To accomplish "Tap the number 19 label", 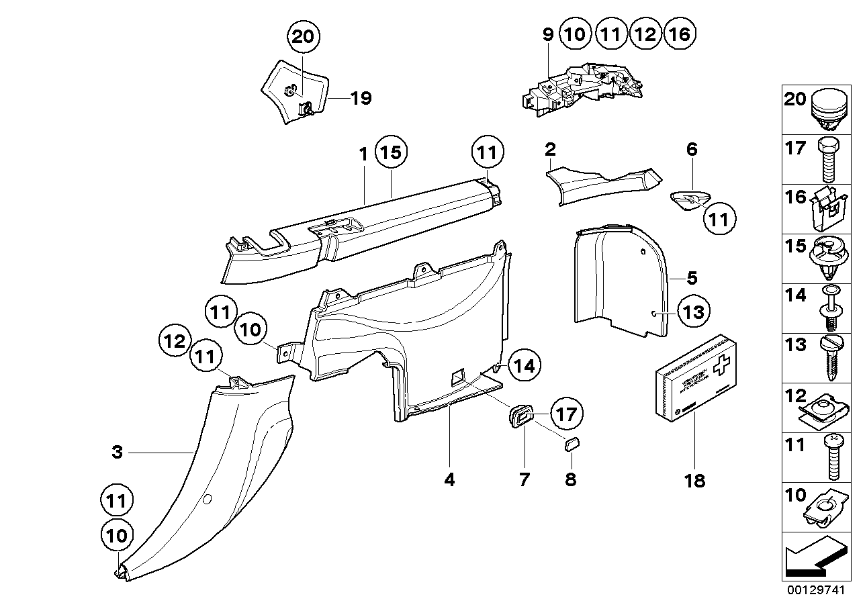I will [361, 99].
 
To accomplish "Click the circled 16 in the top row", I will [680, 34].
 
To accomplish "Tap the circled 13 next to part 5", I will [692, 311].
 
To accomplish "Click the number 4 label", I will [449, 479].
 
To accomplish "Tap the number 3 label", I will [118, 453].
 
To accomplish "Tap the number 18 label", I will [695, 481].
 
